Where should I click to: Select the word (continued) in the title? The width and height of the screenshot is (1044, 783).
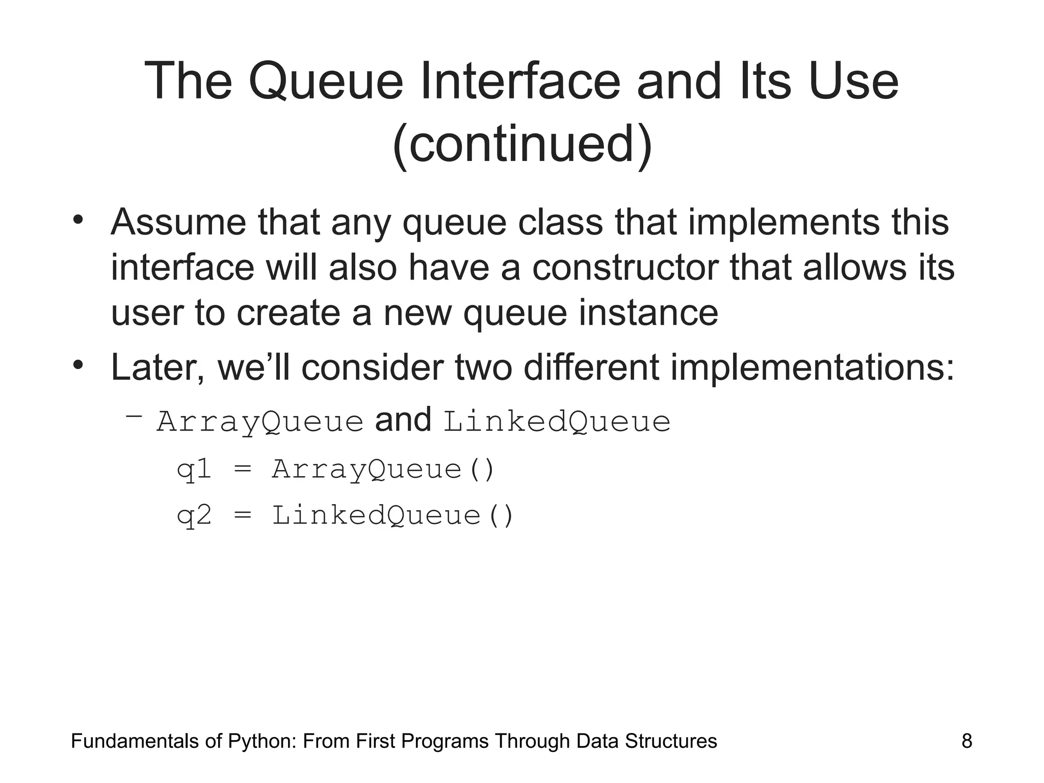click(522, 145)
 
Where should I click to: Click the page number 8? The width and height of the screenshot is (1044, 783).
click(966, 741)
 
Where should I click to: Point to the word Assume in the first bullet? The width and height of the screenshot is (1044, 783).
click(178, 222)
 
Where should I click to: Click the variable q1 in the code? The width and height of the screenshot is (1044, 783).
click(194, 469)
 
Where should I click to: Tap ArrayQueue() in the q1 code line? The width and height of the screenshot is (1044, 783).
click(383, 469)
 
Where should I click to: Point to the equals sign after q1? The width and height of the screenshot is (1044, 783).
click(243, 469)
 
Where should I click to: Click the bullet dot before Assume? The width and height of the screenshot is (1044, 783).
click(77, 221)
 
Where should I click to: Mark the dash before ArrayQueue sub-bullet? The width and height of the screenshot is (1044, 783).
click(134, 417)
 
